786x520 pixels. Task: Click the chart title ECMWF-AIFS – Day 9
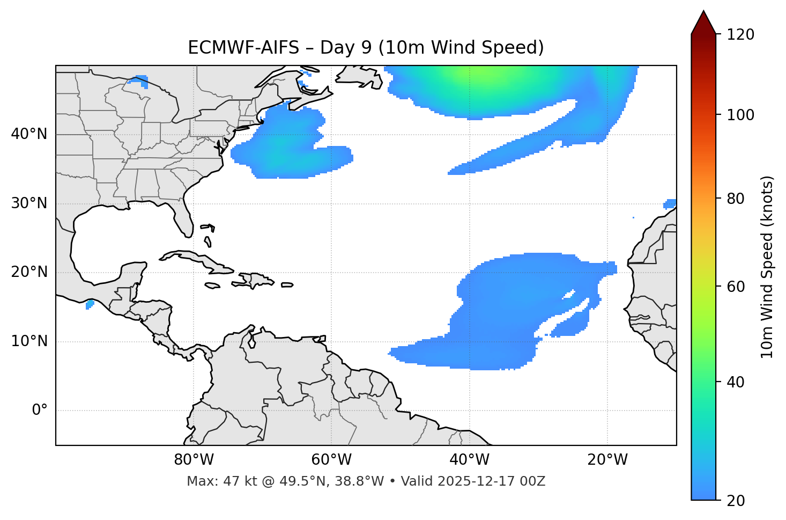(366, 48)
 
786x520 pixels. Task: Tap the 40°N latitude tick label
(29, 134)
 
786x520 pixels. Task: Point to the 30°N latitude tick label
(29, 203)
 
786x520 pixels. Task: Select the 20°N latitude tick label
(29, 272)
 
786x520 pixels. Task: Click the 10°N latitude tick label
(29, 341)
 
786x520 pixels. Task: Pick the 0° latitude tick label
(39, 411)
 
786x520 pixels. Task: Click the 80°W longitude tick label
(194, 460)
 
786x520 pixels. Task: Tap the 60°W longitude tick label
(331, 460)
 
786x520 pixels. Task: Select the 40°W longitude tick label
(469, 460)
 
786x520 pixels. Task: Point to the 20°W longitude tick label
(607, 460)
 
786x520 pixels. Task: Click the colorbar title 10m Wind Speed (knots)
(767, 267)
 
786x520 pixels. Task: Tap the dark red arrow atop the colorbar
(703, 23)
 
